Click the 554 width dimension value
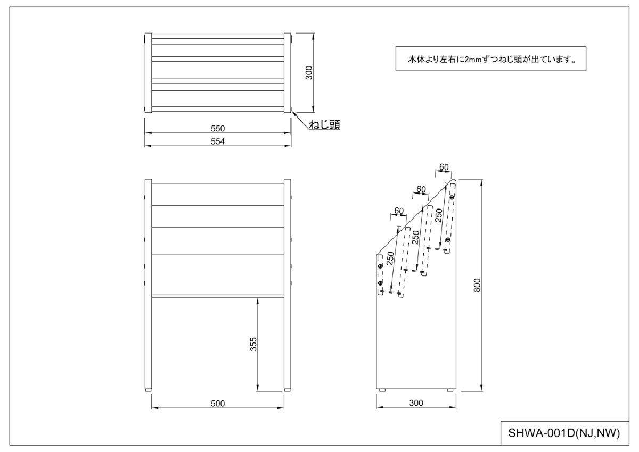point(218,141)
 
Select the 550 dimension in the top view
point(218,128)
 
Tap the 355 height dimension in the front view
point(253,345)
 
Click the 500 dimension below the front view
point(218,404)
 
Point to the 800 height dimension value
point(478,286)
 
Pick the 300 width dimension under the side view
point(416,404)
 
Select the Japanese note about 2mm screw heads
point(490,60)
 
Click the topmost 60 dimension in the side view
point(443,168)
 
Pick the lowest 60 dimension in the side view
point(398,211)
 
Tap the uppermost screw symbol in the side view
point(452,198)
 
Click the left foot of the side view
point(382,391)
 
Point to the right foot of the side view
point(450,391)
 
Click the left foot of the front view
point(149,391)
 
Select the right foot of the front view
point(288,391)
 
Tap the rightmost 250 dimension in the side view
point(439,215)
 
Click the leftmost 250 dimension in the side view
point(390,258)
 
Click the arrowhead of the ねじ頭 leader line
point(292,112)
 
